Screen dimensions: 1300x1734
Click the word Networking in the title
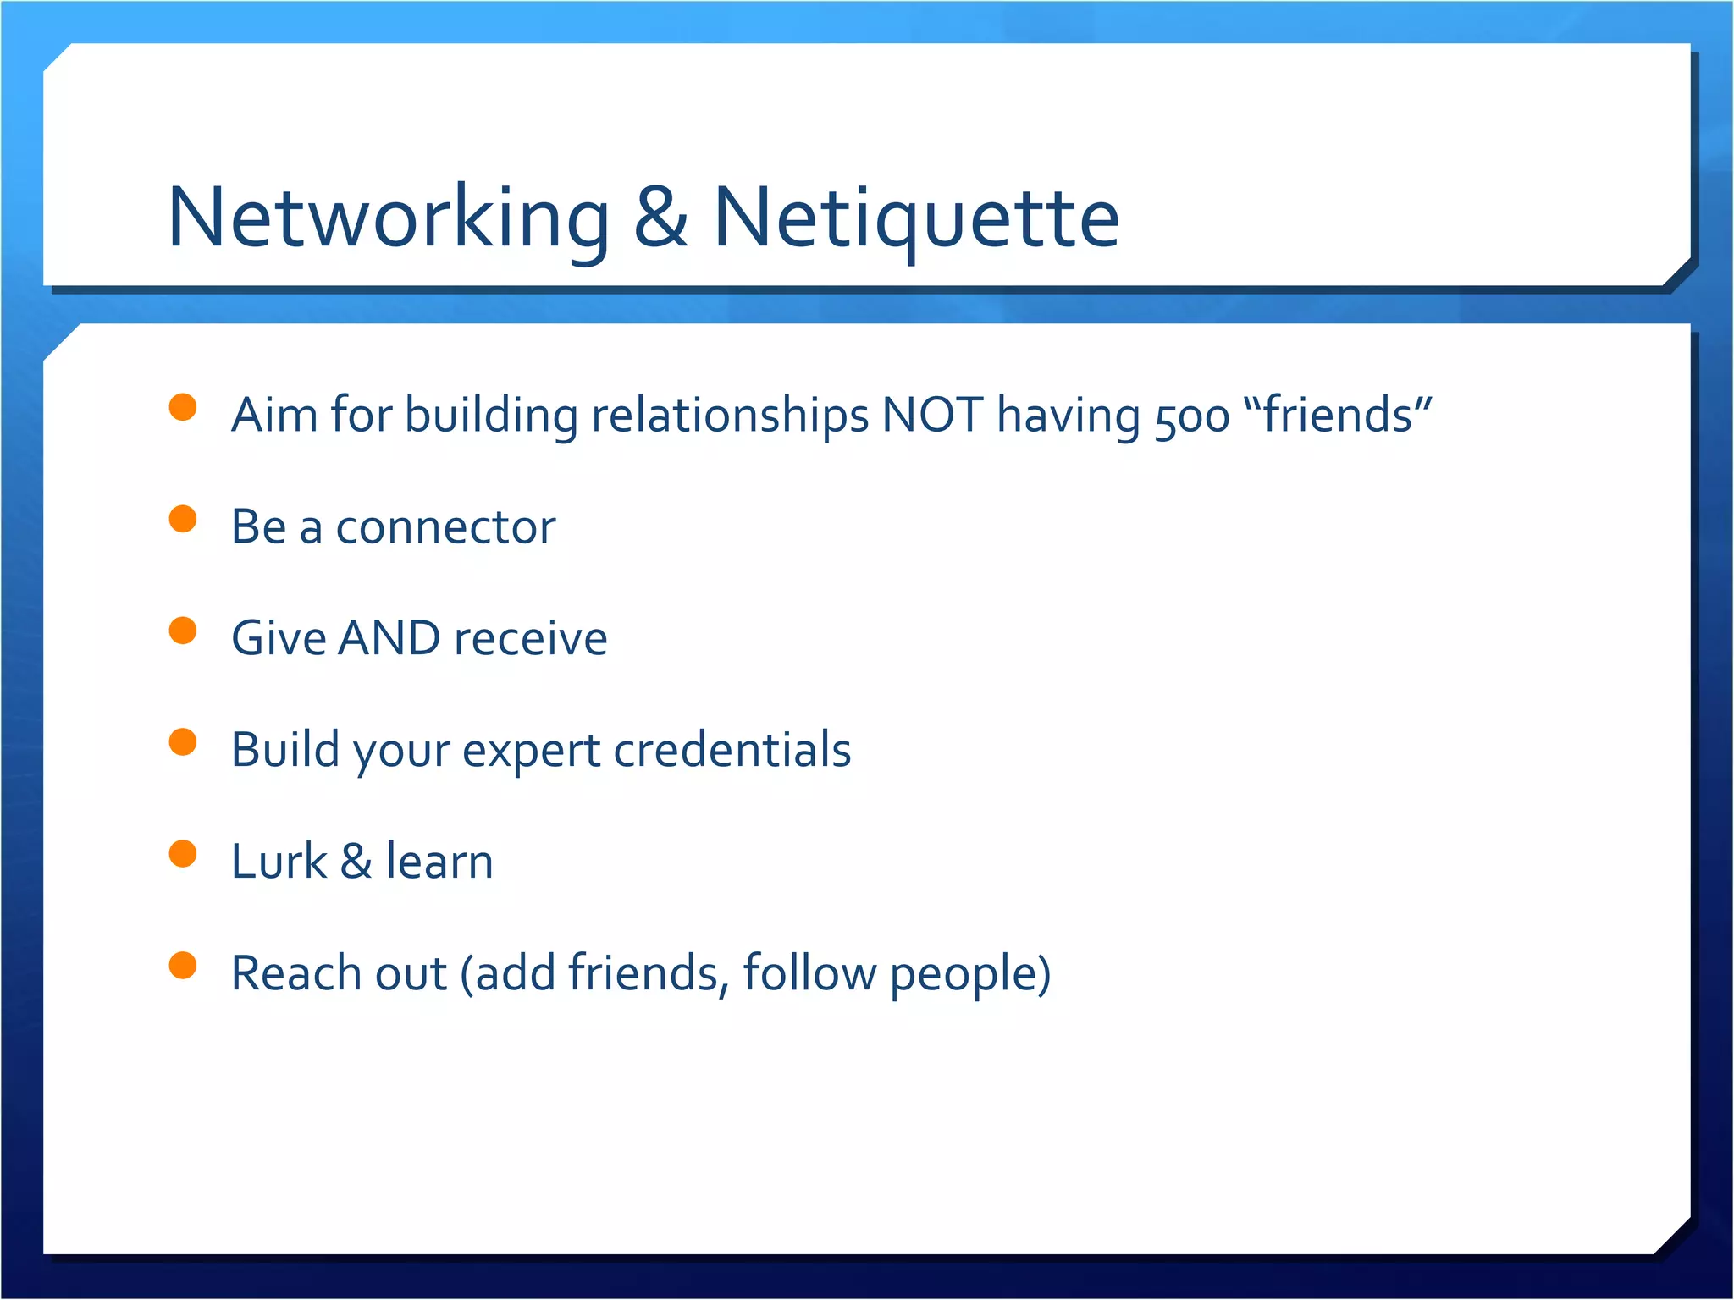point(389,218)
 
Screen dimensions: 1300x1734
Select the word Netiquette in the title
point(917,218)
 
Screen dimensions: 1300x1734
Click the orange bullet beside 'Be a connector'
point(183,519)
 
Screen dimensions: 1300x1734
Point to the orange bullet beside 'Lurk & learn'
point(183,854)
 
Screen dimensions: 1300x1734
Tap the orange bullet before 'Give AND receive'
point(183,631)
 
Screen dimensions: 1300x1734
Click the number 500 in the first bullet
point(1192,416)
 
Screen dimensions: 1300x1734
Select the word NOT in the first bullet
point(932,415)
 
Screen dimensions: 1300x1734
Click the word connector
point(445,527)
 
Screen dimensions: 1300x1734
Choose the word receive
point(531,639)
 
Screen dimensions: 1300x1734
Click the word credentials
point(732,750)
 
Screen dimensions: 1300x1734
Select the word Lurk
point(279,862)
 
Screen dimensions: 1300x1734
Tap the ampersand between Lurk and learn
point(356,862)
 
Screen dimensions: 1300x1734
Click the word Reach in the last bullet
point(295,973)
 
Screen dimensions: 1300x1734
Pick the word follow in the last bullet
point(809,973)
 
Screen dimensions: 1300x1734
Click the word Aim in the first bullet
point(274,415)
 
